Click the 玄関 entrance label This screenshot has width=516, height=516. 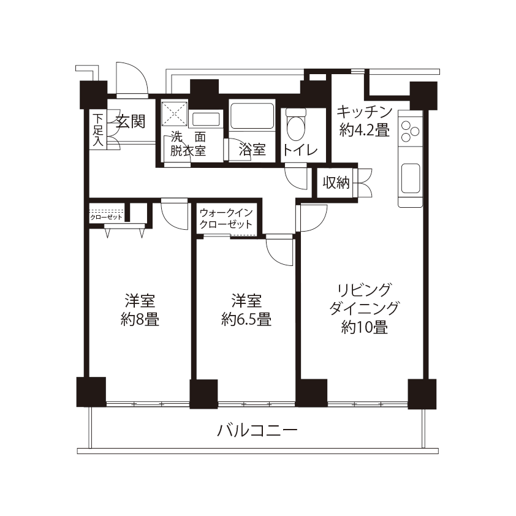[x=131, y=122]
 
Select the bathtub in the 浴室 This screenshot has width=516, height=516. [x=252, y=116]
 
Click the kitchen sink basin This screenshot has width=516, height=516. [x=411, y=178]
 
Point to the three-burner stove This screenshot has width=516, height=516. [x=410, y=131]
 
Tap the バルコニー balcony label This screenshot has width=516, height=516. [x=257, y=430]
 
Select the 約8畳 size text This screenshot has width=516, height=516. [x=140, y=319]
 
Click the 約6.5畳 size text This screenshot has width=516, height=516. [x=246, y=319]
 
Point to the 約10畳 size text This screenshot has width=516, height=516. [x=364, y=327]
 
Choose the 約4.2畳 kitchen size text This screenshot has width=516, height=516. [x=364, y=131]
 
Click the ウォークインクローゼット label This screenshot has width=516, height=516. [x=226, y=218]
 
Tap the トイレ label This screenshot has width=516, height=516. [x=300, y=150]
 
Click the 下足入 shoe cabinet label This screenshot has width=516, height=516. [x=97, y=130]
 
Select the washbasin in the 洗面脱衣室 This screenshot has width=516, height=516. [x=206, y=119]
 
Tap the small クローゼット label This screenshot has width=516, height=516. [x=106, y=217]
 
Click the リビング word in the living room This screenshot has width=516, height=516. [x=364, y=290]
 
